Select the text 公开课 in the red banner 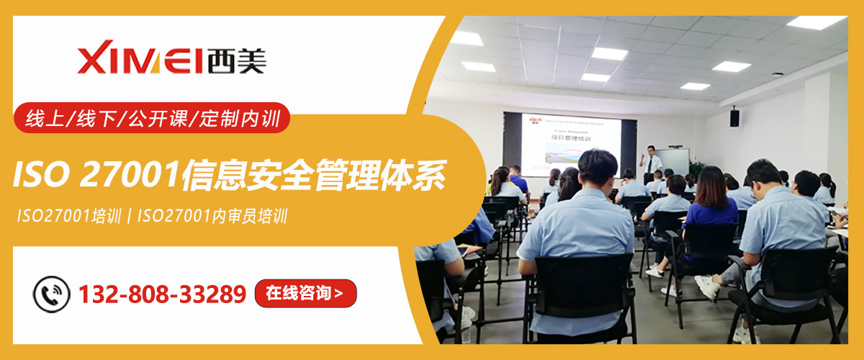[x=150, y=117]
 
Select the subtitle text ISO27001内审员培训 [x=212, y=216]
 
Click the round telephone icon [x=52, y=294]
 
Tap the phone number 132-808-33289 [x=162, y=294]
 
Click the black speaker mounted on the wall [x=734, y=117]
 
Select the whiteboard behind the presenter [x=674, y=161]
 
